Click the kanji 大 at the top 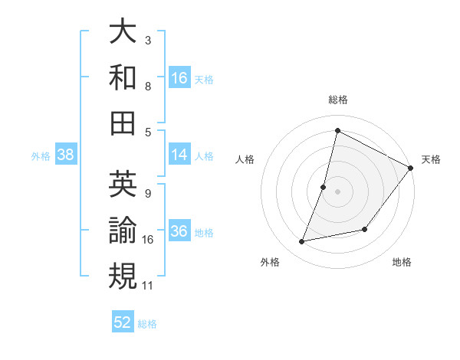tap(123, 31)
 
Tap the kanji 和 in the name tap(123, 77)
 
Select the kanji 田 tap(123, 122)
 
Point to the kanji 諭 tap(123, 229)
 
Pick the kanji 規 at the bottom tap(123, 275)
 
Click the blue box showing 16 tap(179, 78)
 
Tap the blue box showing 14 tap(179, 155)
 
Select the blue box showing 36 tap(179, 232)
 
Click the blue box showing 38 tap(65, 155)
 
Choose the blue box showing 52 tap(123, 322)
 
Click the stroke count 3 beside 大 tap(148, 40)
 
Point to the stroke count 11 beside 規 tap(148, 286)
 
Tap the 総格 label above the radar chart tap(337, 100)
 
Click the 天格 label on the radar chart tap(431, 160)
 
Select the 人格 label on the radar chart tap(245, 160)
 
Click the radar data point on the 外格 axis tap(302, 242)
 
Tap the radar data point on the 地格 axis tap(365, 229)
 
